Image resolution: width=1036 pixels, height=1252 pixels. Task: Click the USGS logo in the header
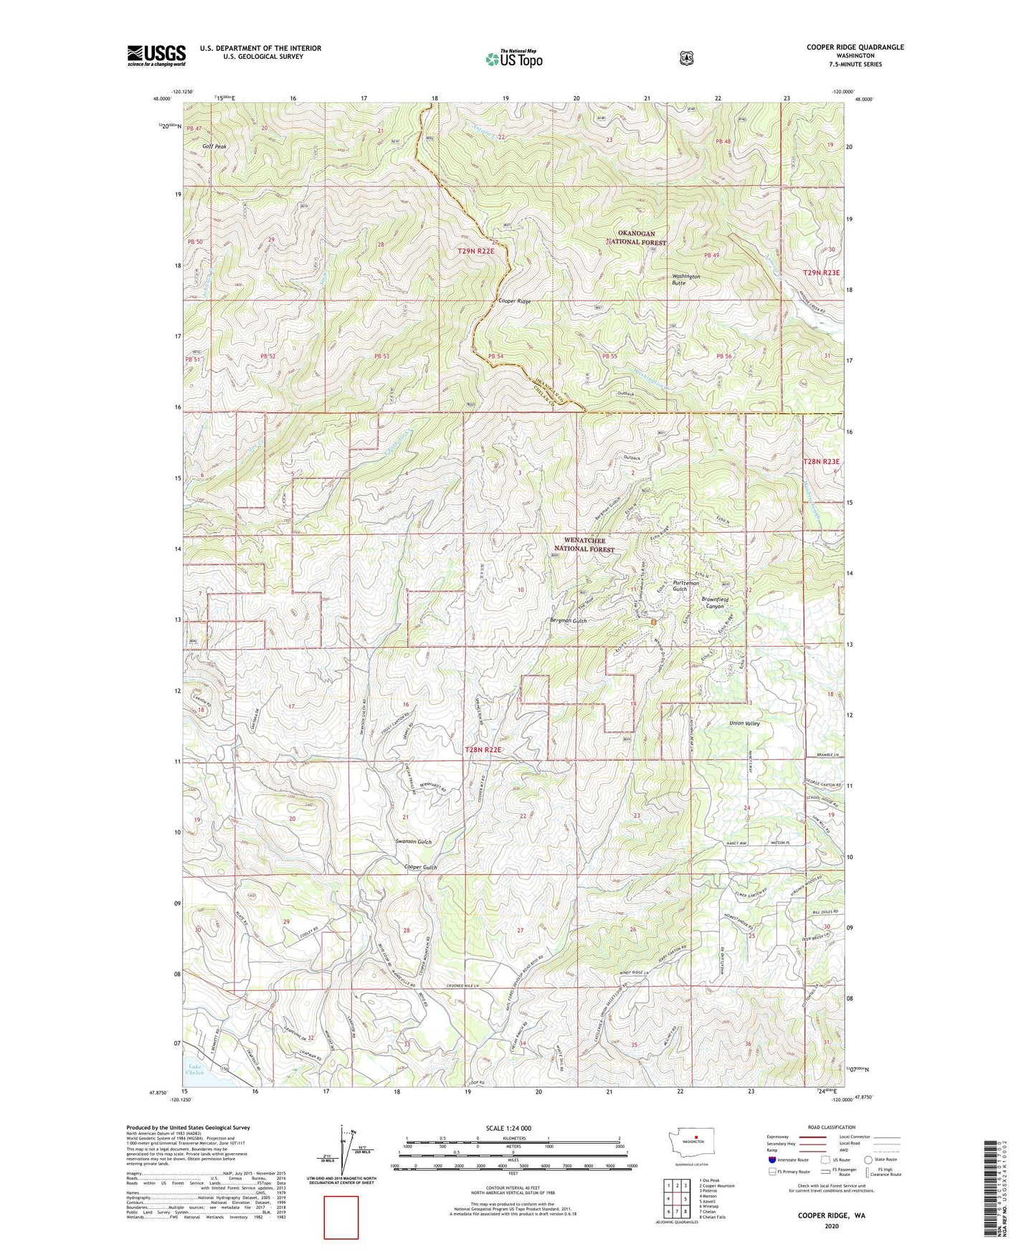(156, 55)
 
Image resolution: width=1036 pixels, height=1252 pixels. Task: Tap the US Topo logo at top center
(513, 59)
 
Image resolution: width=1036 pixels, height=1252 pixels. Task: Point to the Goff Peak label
(214, 146)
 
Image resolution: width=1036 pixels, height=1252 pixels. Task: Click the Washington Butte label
(685, 280)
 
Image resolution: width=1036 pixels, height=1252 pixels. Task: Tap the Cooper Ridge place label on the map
(515, 302)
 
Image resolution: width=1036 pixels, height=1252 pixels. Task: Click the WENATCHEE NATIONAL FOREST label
(584, 544)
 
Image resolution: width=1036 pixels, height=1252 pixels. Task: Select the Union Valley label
(744, 724)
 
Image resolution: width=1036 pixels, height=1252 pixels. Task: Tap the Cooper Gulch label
(420, 868)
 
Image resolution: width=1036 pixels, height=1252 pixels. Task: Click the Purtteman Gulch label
(685, 586)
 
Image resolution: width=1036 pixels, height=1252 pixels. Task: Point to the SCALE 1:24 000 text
(508, 1129)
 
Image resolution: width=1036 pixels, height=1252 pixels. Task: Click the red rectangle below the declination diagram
(341, 1218)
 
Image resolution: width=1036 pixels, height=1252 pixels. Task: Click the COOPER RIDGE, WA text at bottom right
(832, 1216)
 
